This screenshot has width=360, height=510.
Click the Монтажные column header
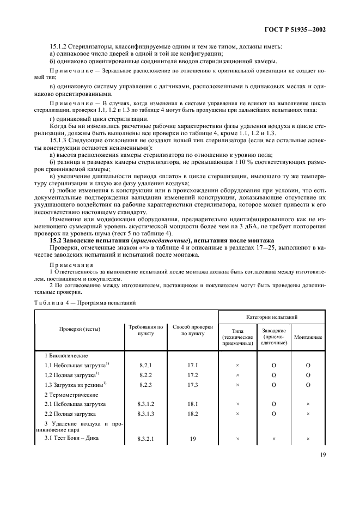coord(308,338)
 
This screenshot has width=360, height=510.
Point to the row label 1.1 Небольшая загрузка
coord(76,365)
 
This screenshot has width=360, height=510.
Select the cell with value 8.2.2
coord(145,375)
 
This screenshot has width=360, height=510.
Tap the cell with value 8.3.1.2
coord(145,404)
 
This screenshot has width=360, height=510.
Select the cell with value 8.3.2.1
coord(145,438)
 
